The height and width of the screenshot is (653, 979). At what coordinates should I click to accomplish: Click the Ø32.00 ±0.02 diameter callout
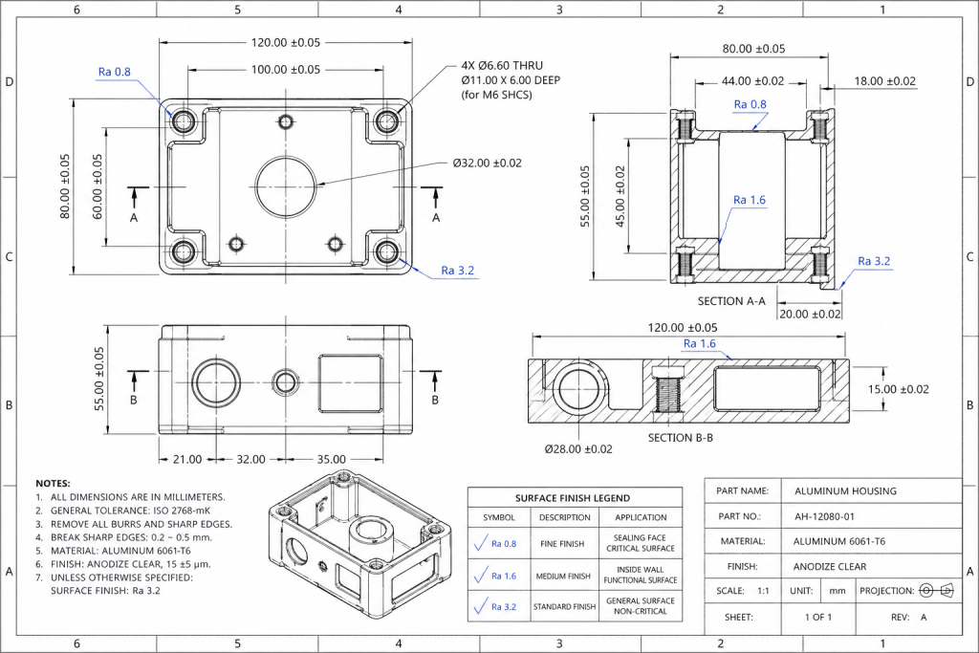[x=488, y=163]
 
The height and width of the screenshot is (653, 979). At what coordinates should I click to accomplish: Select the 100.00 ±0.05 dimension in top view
[x=272, y=70]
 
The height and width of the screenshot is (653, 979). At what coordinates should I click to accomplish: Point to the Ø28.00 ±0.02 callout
[x=578, y=448]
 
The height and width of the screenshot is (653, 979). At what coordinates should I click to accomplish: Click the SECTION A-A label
[x=732, y=300]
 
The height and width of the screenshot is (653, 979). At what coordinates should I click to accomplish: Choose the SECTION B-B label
[x=680, y=438]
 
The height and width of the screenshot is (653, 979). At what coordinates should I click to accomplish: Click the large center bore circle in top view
[x=286, y=184]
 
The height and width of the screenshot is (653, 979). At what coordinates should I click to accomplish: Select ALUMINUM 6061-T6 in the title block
[x=839, y=541]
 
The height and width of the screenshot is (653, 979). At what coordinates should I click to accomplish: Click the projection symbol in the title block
[x=936, y=591]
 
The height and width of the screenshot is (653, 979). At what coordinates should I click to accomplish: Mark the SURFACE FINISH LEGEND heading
[x=573, y=498]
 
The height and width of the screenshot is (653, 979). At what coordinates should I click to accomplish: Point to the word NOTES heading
[x=53, y=484]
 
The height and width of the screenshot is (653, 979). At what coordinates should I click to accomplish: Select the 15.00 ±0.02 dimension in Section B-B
[x=898, y=389]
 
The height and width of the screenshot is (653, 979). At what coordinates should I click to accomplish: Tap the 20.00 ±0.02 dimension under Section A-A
[x=810, y=314]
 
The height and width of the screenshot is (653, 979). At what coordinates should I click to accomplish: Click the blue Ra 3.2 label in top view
[x=458, y=271]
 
